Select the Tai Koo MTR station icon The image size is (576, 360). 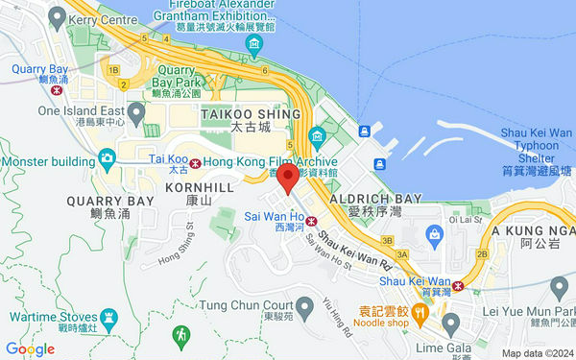click(196, 162)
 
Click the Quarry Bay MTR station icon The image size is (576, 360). click(58, 91)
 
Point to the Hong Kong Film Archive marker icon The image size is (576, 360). click(317, 135)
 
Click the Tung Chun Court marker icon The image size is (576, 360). click(305, 308)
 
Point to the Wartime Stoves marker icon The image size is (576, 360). click(108, 316)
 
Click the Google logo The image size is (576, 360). click(30, 349)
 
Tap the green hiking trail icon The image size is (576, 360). click(180, 335)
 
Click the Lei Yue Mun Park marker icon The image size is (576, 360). click(558, 285)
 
